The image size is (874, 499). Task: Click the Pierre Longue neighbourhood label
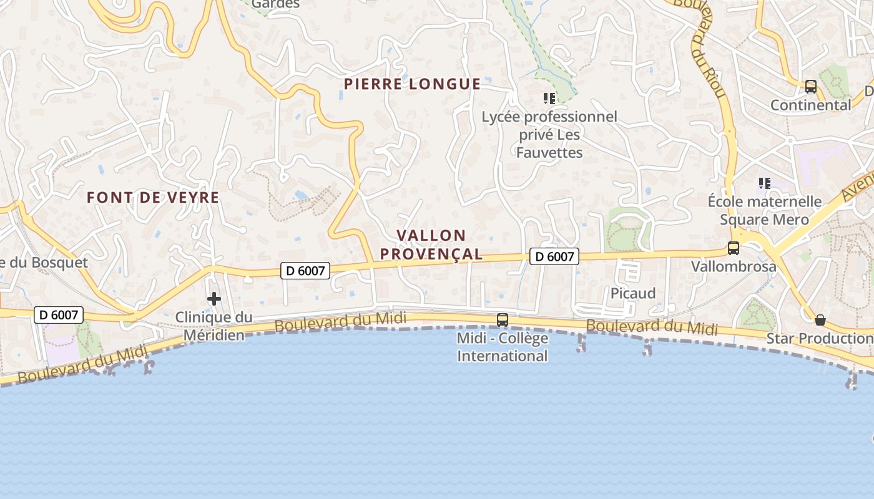413,84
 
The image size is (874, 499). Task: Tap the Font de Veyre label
153,198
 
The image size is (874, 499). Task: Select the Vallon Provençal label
431,245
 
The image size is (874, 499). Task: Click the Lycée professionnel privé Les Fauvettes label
549,135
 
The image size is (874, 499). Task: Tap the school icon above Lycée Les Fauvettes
549,98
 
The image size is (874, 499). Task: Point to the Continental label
810,105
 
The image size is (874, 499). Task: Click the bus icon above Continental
811,87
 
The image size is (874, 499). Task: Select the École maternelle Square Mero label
764,210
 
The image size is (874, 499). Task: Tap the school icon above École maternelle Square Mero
764,183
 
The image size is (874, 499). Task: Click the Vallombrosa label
734,267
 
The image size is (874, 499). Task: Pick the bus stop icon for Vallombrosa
734,248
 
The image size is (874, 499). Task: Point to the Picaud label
633,293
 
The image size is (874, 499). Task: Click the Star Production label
819,339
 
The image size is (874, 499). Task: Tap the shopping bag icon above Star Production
820,320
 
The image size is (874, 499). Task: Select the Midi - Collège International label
503,347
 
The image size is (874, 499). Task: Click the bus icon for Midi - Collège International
503,320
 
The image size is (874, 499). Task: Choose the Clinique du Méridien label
214,326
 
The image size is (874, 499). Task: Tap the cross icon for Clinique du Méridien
214,299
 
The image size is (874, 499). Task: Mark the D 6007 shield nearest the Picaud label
554,256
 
